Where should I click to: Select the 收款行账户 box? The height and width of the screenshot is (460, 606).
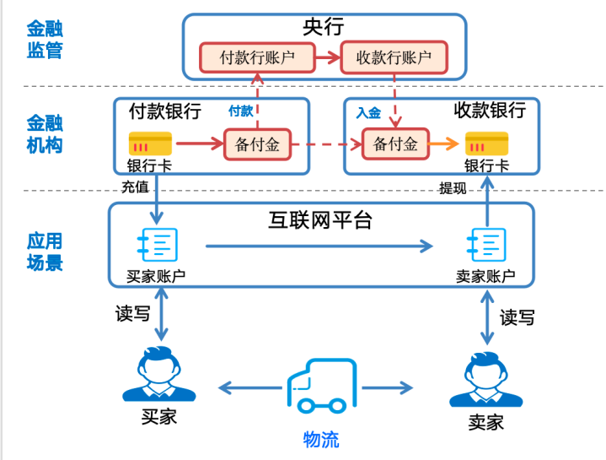point(394,57)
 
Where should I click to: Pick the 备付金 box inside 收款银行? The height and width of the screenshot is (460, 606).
point(395,144)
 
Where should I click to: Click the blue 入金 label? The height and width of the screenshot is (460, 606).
point(368,112)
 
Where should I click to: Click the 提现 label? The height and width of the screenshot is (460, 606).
point(453,187)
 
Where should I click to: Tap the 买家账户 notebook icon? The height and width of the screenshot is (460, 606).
point(156,245)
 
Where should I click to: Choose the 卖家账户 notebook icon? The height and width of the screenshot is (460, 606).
point(486,245)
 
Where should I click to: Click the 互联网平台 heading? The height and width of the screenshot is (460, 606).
point(320,220)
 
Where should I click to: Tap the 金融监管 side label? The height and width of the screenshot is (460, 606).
point(45,37)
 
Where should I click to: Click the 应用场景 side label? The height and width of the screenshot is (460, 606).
point(45,251)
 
